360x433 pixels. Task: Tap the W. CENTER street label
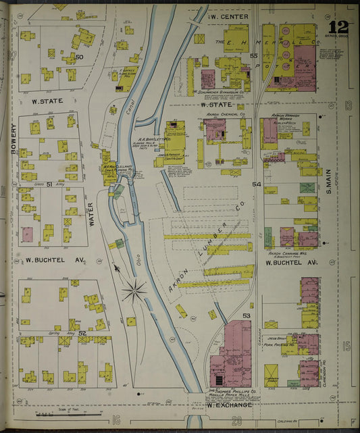229,16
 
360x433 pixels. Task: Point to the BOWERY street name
13,138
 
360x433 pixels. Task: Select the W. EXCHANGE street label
229,405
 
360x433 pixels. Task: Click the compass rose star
134,292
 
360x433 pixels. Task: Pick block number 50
79,57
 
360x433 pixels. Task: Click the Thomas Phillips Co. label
227,392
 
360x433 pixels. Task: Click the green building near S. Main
307,187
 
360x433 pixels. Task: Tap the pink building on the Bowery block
27,234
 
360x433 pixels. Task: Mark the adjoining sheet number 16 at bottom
117,420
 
